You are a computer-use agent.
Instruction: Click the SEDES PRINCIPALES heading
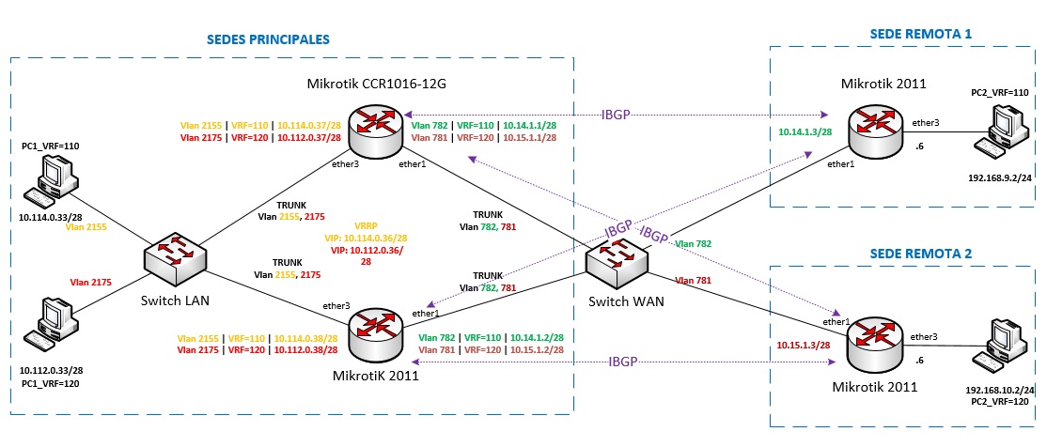(x=267, y=40)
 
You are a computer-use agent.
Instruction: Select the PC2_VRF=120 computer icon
(x=1000, y=346)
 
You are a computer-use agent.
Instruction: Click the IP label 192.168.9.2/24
(x=999, y=177)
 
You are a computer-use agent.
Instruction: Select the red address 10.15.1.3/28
(x=803, y=347)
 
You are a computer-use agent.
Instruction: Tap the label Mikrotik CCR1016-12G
(x=376, y=84)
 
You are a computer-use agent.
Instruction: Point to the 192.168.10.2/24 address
(x=1000, y=389)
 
